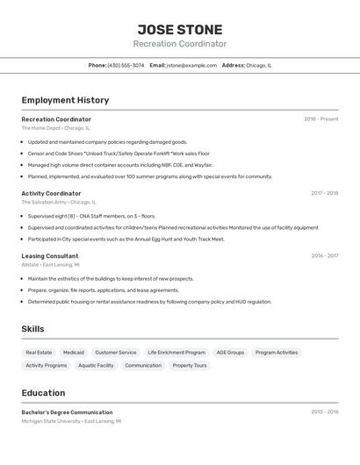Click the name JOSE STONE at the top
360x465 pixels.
180,30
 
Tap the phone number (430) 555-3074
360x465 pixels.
126,65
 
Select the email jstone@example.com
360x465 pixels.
191,65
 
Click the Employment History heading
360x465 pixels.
65,100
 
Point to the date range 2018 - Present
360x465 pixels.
320,119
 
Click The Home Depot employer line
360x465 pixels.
55,128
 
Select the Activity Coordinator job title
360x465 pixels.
51,193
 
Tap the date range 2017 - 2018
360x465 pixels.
324,193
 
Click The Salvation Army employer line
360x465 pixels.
59,202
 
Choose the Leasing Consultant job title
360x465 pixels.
50,256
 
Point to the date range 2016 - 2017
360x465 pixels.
324,256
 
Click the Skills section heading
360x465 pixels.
33,329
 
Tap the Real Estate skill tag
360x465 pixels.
39,353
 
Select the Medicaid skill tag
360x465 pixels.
74,353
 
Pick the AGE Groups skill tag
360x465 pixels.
230,353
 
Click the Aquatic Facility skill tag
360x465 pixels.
96,365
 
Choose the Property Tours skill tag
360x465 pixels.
190,365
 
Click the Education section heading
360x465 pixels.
43,393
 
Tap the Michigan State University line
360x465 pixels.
71,421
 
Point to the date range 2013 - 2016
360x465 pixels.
324,412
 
